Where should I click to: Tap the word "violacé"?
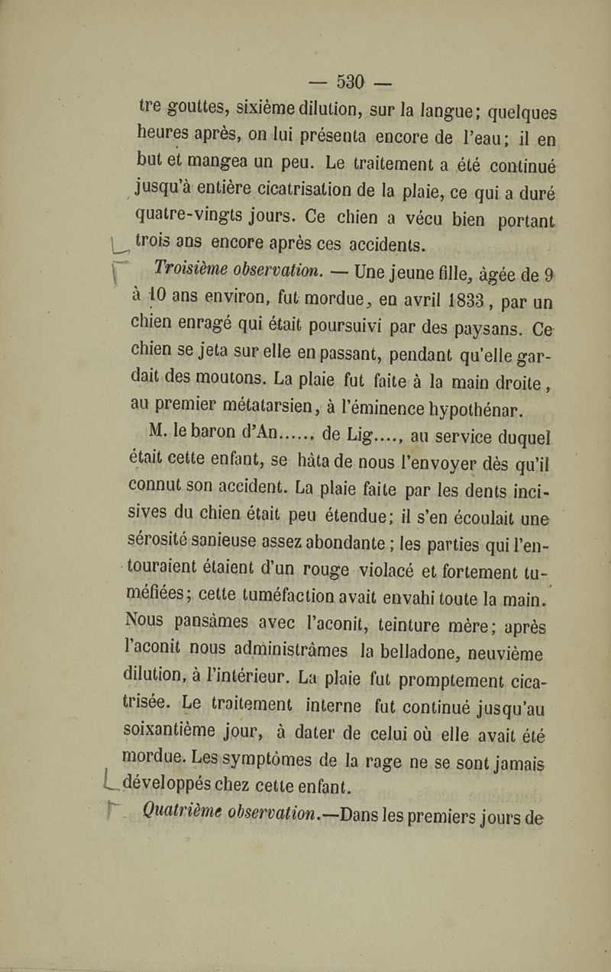398,568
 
